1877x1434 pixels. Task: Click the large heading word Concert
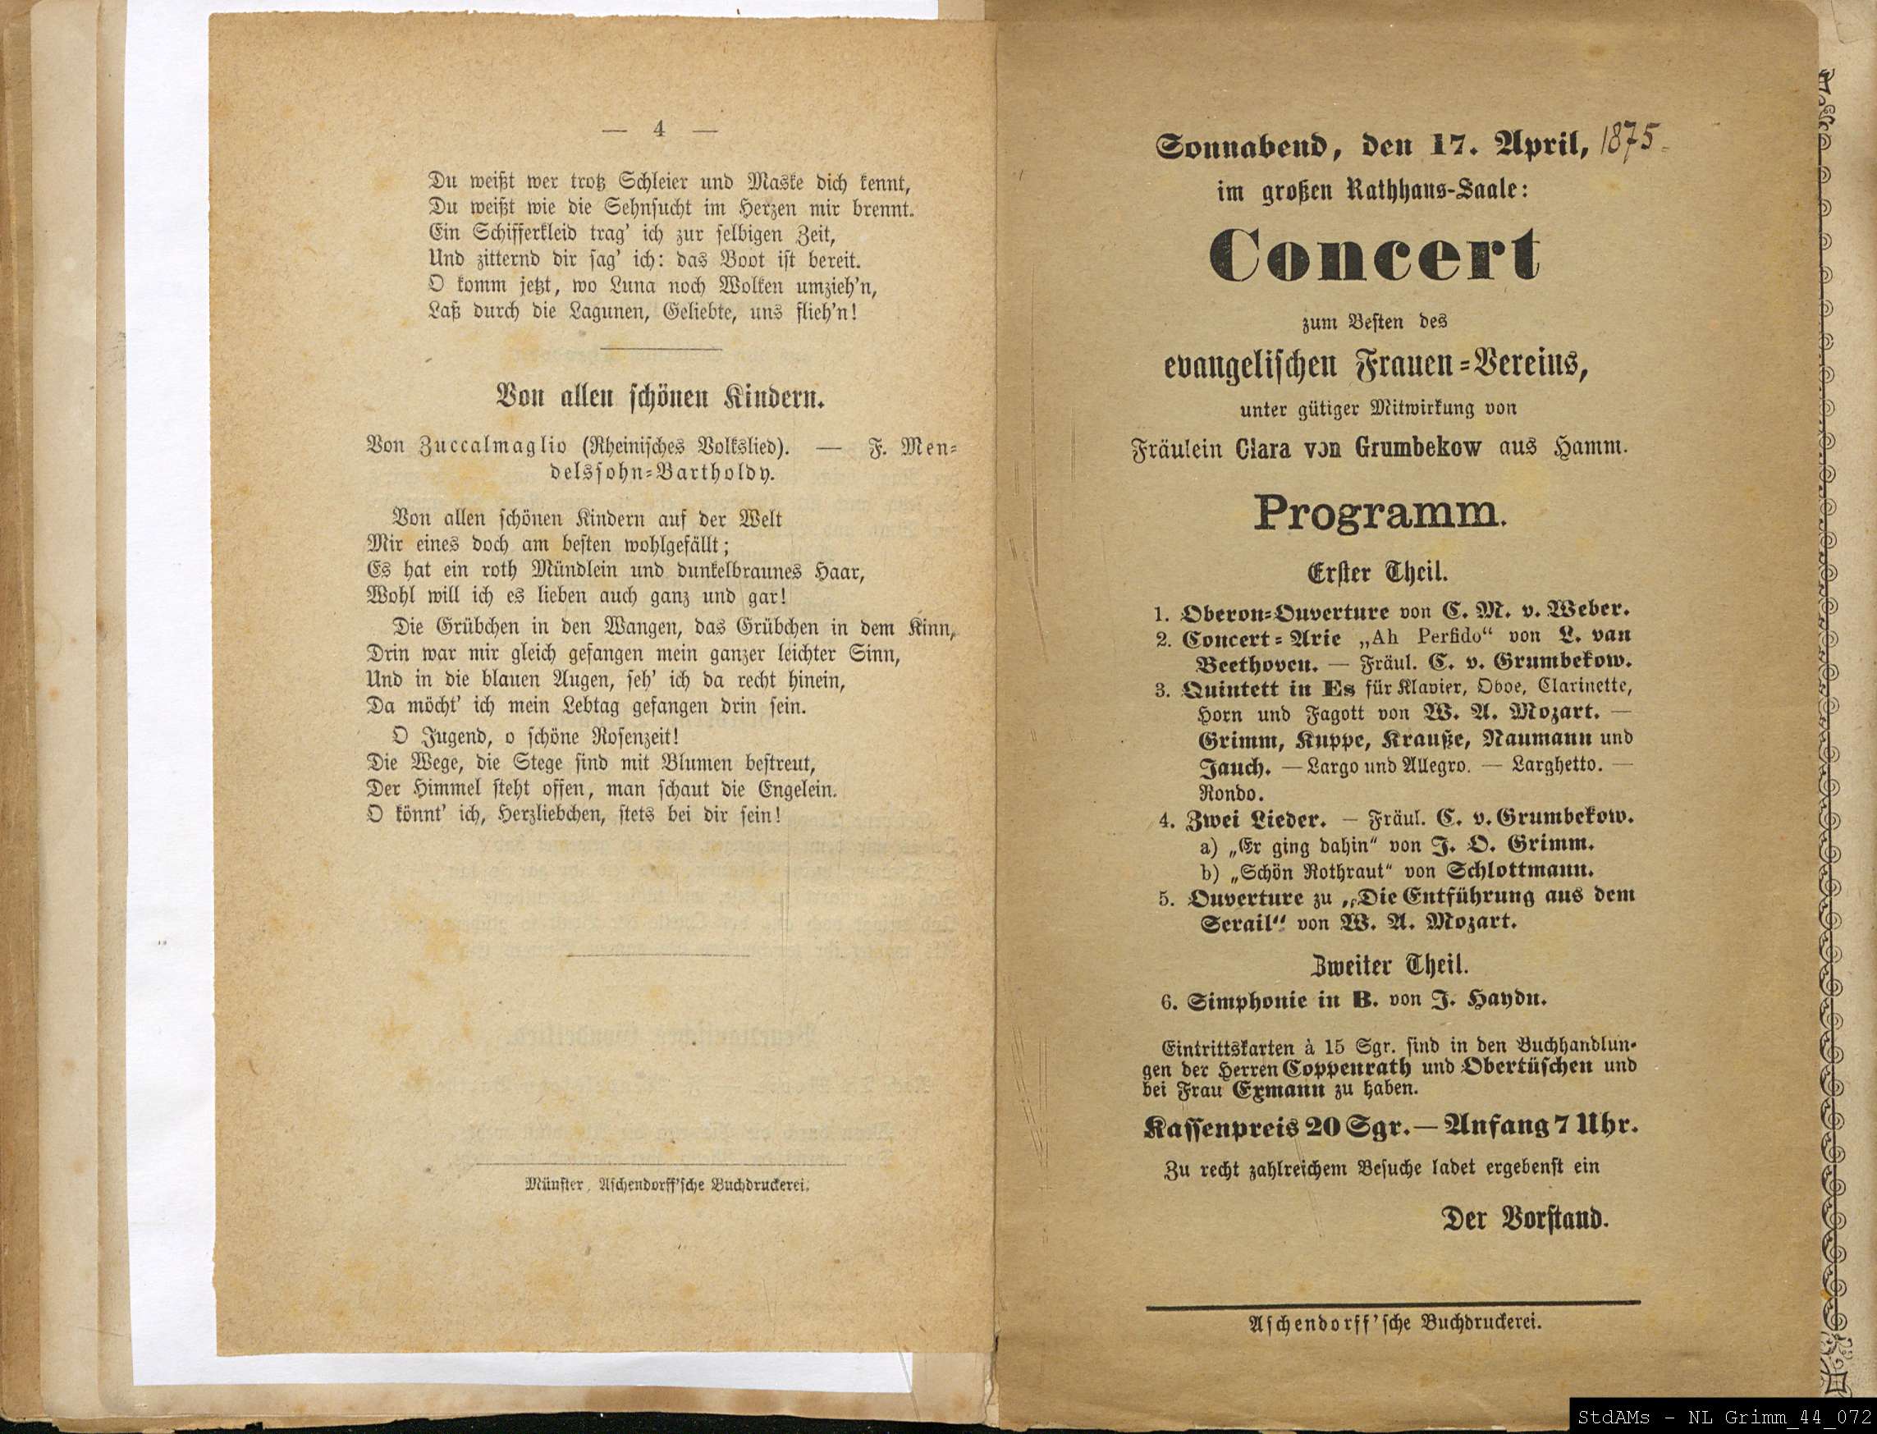1373,254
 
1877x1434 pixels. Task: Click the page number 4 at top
658,129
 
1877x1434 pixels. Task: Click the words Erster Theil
1376,570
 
